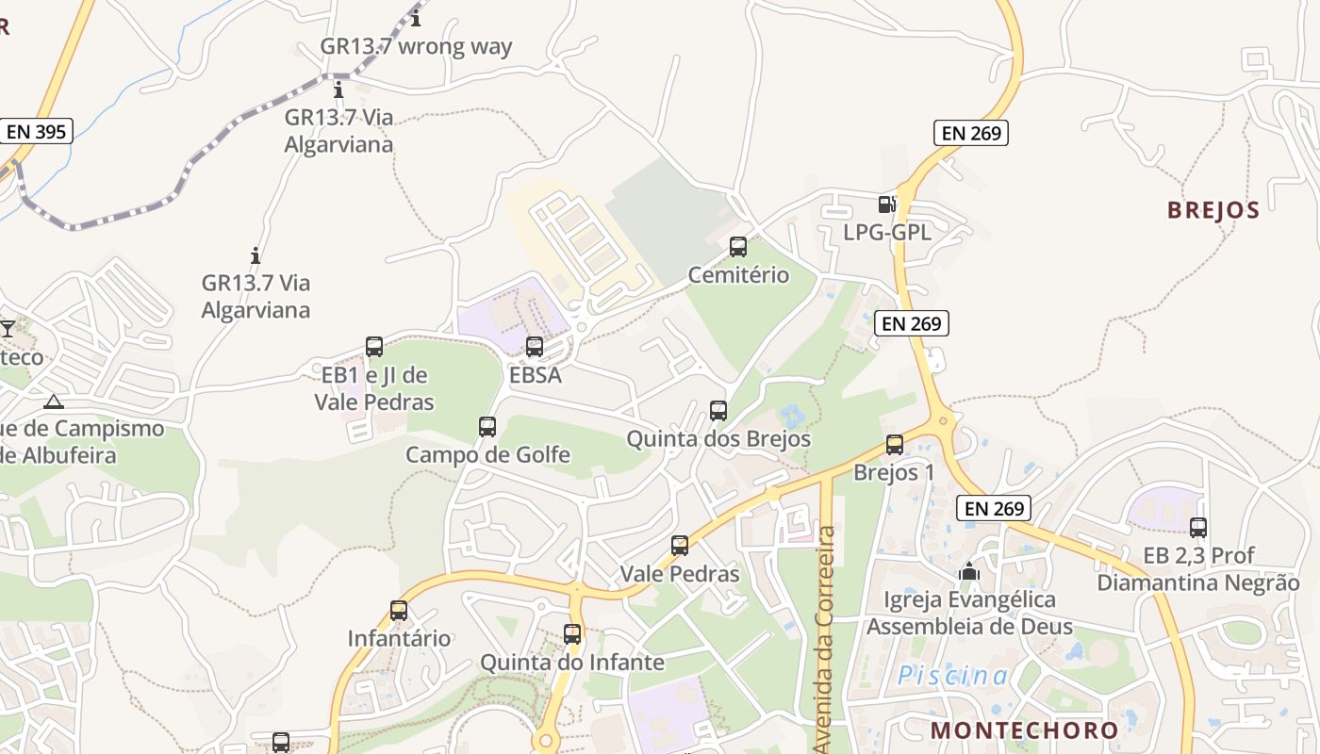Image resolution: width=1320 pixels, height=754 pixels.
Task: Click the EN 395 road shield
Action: point(37,131)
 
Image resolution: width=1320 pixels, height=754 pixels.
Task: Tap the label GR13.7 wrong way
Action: point(416,46)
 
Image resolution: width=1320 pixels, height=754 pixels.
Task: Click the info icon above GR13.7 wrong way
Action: point(416,18)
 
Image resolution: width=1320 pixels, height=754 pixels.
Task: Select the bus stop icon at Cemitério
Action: point(738,247)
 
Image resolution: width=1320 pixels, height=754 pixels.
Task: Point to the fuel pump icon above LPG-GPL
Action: point(886,204)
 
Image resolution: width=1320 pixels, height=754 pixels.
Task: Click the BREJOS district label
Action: point(1213,210)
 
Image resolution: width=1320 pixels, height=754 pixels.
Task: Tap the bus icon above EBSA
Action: point(535,347)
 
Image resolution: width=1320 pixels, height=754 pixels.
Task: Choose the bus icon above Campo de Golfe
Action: point(487,427)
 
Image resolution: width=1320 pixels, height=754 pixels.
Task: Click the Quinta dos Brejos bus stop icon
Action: point(718,411)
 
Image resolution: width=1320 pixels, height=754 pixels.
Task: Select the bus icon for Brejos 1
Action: point(895,445)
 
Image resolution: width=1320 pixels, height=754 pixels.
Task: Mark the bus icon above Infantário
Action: point(399,611)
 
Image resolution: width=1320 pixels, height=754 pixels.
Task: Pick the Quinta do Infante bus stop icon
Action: point(572,634)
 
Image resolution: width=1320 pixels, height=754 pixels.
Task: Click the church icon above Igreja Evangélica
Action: point(968,571)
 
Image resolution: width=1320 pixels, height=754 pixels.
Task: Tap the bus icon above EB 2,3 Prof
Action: point(1198,528)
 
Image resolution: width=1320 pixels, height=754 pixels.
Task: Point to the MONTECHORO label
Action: point(1024,730)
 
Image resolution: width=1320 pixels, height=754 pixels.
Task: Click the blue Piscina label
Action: point(952,676)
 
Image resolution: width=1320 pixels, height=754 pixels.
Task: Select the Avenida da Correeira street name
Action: point(826,641)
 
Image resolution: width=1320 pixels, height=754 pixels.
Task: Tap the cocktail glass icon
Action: point(8,328)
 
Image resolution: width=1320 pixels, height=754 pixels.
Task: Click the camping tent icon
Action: point(54,402)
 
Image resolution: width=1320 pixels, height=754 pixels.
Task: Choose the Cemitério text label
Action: point(738,275)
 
